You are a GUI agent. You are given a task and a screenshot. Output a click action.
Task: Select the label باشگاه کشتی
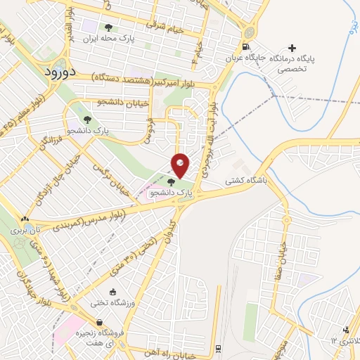coord(240,181)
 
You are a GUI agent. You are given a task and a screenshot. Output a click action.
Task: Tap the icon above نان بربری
coord(27,219)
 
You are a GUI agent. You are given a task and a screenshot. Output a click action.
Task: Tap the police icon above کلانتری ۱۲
coord(346,330)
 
